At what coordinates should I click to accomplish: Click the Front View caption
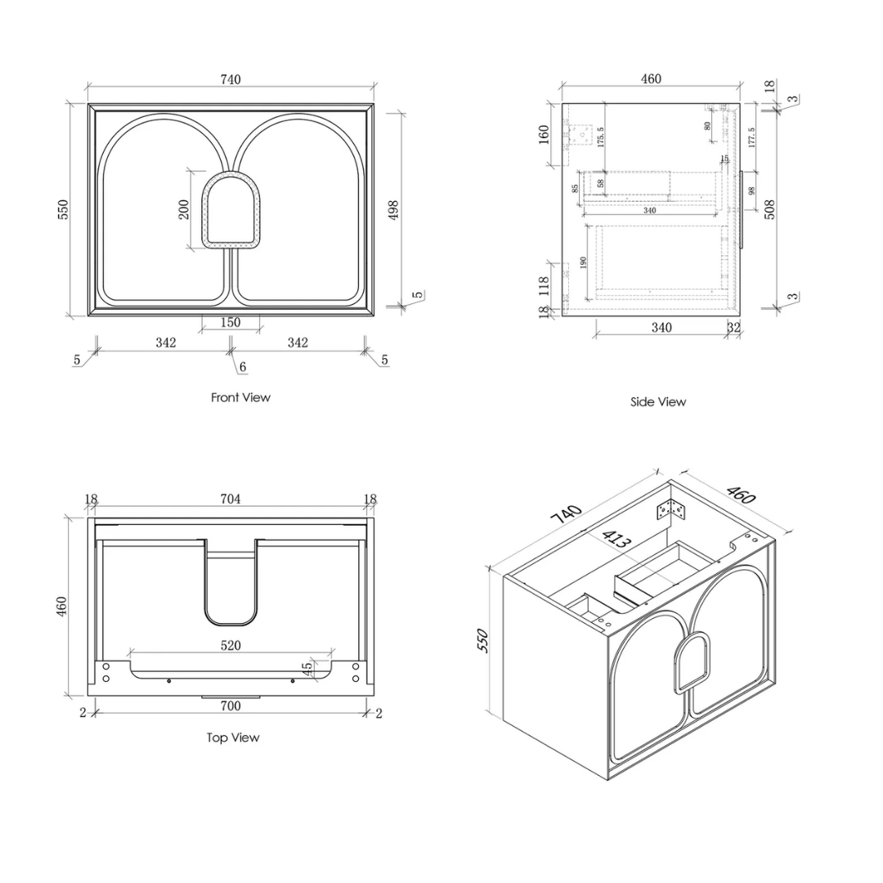pyautogui.click(x=240, y=397)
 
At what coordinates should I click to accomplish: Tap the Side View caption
pyautogui.click(x=657, y=402)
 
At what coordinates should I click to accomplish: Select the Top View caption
pyautogui.click(x=232, y=737)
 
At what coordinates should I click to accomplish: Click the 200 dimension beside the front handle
pyautogui.click(x=184, y=209)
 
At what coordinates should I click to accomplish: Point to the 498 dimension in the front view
pyautogui.click(x=393, y=209)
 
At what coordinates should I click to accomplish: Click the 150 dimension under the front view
pyautogui.click(x=231, y=323)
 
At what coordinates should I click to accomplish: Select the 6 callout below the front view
pyautogui.click(x=243, y=367)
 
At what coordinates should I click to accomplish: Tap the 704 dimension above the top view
pyautogui.click(x=231, y=499)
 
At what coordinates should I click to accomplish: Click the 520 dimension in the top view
pyautogui.click(x=231, y=645)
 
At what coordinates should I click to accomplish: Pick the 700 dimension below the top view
pyautogui.click(x=231, y=706)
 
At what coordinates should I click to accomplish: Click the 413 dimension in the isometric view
pyautogui.click(x=616, y=539)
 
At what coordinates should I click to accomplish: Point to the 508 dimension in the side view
pyautogui.click(x=770, y=209)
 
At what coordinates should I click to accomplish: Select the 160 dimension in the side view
pyautogui.click(x=544, y=135)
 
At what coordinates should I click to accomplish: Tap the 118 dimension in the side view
pyautogui.click(x=544, y=286)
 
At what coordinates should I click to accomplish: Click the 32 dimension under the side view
pyautogui.click(x=733, y=327)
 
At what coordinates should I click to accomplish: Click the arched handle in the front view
pyautogui.click(x=231, y=211)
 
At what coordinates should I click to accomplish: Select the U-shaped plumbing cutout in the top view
pyautogui.click(x=231, y=582)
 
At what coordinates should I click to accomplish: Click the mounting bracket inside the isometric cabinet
pyautogui.click(x=671, y=510)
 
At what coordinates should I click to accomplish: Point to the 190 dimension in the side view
pyautogui.click(x=583, y=262)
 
